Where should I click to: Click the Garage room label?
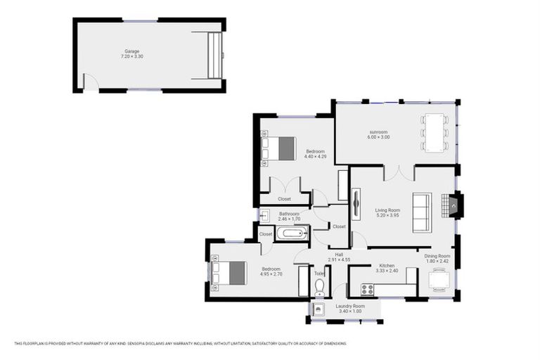point(131,51)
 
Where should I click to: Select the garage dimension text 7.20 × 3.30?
point(131,57)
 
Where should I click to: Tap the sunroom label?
point(378,131)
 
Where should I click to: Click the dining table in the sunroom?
point(433,132)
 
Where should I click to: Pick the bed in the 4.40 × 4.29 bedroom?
point(280,148)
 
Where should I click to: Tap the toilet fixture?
point(319,285)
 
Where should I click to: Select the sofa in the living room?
point(421,212)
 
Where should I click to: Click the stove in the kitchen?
point(367,289)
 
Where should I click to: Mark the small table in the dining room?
point(439,280)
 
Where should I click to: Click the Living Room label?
point(387,210)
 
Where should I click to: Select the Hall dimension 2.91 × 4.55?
point(339,260)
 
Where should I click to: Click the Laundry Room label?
point(349,306)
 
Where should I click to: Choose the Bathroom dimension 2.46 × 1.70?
point(289,219)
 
